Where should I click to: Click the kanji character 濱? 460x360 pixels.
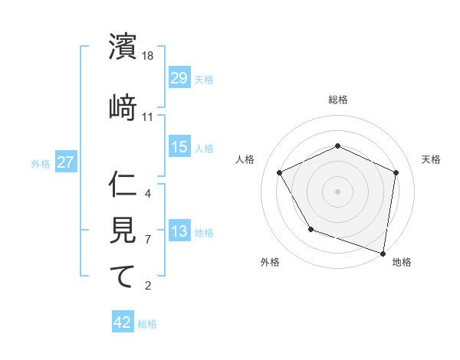coord(123,47)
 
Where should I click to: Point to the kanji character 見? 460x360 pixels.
coord(123,229)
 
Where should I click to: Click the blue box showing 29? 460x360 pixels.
coord(179,78)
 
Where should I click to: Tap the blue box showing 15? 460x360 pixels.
coord(179,147)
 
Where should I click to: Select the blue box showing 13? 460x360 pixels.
coord(179,231)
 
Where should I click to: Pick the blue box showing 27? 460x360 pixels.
coord(65,163)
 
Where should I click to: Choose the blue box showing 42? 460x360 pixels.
coord(123,322)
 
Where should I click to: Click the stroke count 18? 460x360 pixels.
coord(149,56)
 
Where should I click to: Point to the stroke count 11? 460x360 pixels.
coord(148,116)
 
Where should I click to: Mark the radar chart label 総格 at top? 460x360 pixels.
coord(338,100)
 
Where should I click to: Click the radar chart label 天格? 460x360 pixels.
coord(432,159)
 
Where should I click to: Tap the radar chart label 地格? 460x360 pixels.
coord(402,262)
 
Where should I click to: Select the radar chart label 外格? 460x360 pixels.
coord(270,262)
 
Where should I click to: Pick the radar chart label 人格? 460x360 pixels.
coord(245,159)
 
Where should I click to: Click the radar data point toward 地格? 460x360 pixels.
coord(383,252)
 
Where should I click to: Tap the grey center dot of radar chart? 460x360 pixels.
coord(337,191)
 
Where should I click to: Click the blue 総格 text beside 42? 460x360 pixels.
coord(147,324)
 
